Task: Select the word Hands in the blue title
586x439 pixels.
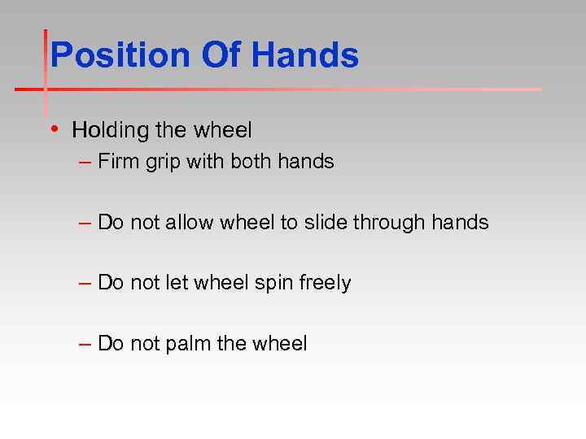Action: click(x=305, y=56)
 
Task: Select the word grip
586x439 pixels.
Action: click(x=164, y=163)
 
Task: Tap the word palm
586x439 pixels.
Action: click(x=189, y=344)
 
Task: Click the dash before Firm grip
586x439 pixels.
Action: click(x=85, y=163)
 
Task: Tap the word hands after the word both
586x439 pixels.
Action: click(x=305, y=162)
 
